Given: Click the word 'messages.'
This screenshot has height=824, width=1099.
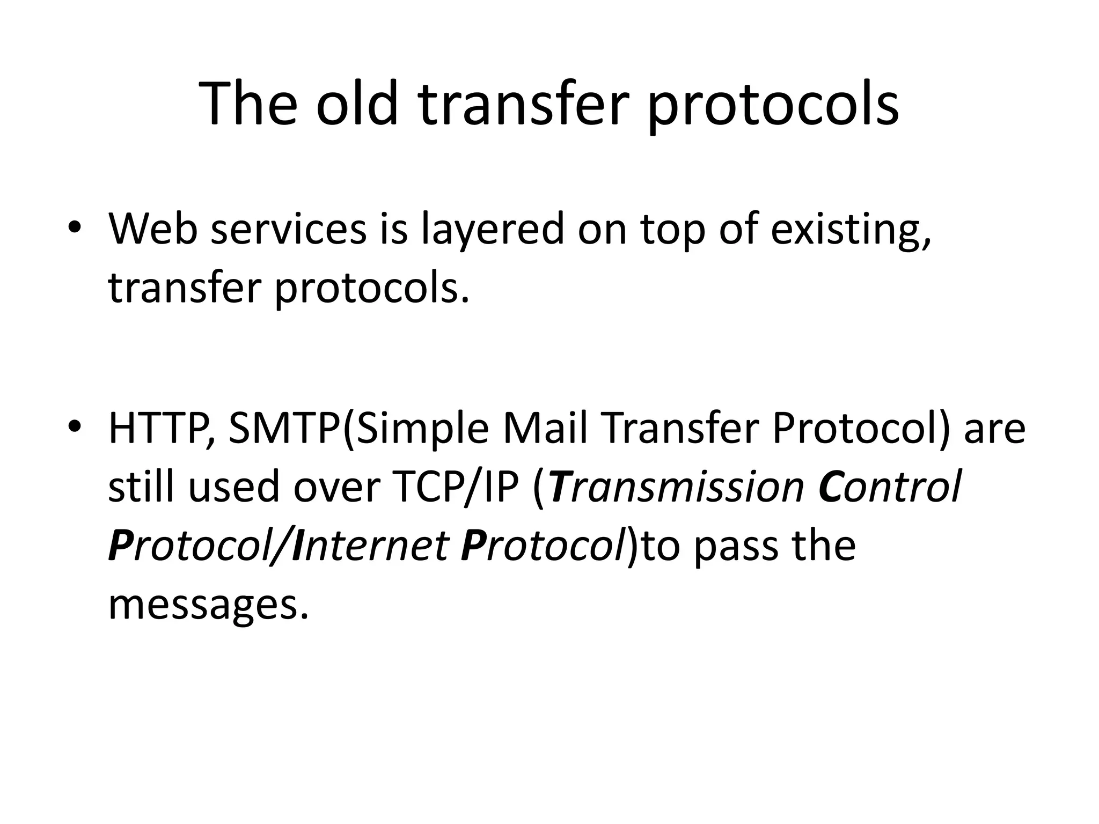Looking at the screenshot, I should tap(209, 605).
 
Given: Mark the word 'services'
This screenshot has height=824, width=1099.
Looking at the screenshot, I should tap(289, 229).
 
